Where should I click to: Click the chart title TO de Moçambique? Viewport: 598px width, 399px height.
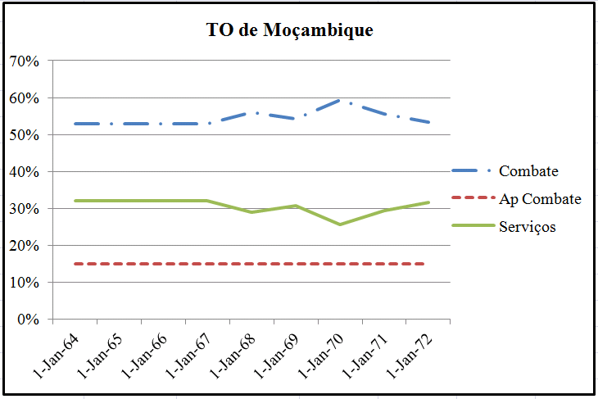[x=289, y=31]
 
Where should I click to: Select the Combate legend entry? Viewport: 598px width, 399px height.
[x=528, y=171]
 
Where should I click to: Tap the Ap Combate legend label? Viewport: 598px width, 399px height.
[x=540, y=199]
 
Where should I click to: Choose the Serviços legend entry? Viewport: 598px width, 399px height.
[x=527, y=226]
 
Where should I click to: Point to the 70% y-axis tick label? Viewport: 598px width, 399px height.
[x=25, y=61]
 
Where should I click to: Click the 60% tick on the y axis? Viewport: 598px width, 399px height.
[x=25, y=98]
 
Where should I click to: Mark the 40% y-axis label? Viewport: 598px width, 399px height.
[x=25, y=172]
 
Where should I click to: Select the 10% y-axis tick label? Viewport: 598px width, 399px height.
[x=25, y=283]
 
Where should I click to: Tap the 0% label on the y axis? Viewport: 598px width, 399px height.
[x=28, y=320]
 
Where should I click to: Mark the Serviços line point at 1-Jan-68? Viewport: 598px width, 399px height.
[x=252, y=212]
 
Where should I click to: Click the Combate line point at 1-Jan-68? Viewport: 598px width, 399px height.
[x=252, y=113]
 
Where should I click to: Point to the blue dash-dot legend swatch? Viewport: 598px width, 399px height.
[x=471, y=171]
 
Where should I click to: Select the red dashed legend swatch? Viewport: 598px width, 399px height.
[x=471, y=199]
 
